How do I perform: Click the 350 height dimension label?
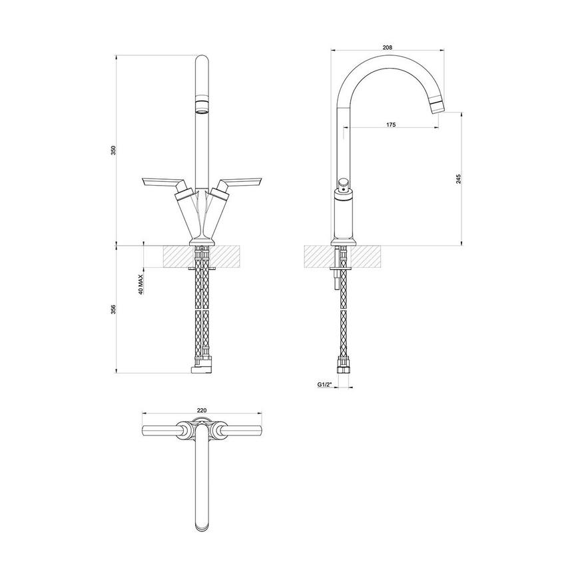[x=113, y=150]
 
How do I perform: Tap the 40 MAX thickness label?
[x=141, y=282]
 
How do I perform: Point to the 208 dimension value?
[x=388, y=47]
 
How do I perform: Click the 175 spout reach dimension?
[x=391, y=125]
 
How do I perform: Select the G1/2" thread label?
[x=324, y=385]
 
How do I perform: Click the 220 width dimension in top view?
[x=202, y=410]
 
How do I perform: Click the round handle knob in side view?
[x=343, y=184]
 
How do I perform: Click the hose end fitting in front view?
[x=201, y=367]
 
